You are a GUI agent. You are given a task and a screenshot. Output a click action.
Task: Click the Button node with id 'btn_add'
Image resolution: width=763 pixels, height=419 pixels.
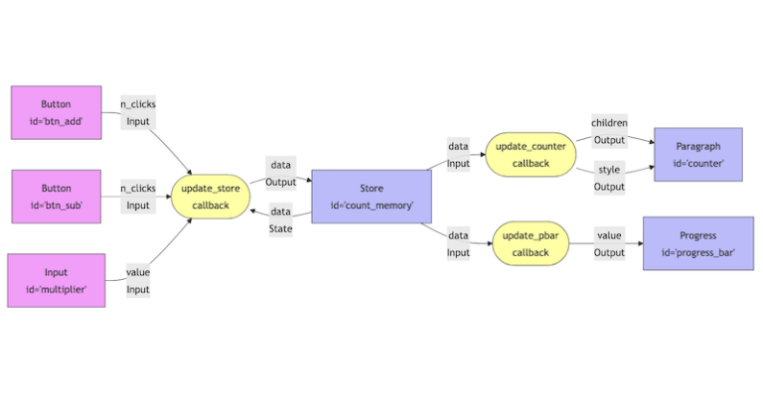coord(56,112)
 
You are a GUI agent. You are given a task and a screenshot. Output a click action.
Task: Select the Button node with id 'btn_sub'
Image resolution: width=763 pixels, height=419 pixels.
coord(56,196)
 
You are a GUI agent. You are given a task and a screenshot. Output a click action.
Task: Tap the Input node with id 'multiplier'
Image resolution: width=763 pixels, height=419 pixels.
coord(56,280)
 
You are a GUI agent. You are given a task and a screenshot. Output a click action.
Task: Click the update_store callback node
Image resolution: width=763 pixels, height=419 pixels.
coord(211,197)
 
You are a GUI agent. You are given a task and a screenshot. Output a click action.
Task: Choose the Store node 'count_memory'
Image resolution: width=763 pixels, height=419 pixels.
coord(372,197)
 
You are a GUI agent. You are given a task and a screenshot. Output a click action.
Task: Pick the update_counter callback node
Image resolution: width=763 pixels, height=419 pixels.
coord(531,154)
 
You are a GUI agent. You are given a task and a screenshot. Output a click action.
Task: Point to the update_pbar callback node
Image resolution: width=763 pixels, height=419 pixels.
coord(531,244)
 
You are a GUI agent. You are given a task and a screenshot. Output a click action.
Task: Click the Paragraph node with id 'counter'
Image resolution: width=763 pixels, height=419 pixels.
coord(697,154)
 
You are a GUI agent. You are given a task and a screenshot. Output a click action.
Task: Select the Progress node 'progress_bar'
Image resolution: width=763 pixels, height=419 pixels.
coord(697,244)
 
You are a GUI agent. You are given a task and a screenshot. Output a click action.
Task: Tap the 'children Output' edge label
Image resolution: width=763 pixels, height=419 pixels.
coord(609,131)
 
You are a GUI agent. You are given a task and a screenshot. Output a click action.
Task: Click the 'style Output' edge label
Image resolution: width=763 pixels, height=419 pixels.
coord(609,178)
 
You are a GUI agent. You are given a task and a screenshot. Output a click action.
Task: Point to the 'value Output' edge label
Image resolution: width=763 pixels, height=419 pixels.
coord(609,244)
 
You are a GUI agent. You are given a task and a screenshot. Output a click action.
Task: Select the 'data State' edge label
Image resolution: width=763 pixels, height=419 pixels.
coord(281,219)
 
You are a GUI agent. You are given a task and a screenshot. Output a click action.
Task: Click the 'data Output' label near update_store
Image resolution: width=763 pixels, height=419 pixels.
coord(281,173)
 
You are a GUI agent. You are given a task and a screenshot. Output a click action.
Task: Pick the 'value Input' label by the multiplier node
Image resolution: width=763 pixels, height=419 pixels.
coord(138,280)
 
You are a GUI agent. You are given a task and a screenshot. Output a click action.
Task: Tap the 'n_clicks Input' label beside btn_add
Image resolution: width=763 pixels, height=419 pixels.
coord(138,112)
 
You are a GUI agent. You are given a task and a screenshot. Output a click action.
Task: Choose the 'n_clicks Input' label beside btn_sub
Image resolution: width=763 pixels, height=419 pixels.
coord(138,196)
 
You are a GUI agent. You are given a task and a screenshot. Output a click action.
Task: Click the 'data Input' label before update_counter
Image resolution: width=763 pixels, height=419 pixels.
coord(458,154)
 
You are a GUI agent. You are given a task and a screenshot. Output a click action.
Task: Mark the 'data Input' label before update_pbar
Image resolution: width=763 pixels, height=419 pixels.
coord(458,244)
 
